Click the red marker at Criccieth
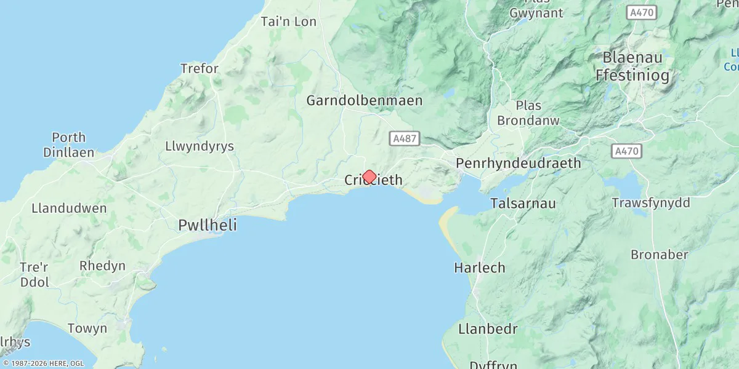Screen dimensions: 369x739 click(369, 177)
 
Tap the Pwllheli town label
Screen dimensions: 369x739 click(208, 225)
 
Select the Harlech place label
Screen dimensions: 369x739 click(479, 268)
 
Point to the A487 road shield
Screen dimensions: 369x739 click(405, 139)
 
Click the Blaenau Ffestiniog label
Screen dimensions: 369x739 click(632, 66)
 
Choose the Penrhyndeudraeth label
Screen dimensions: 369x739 click(518, 163)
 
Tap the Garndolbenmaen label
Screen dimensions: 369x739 click(365, 100)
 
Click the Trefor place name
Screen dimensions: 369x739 click(199, 68)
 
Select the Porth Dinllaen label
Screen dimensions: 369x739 click(68, 145)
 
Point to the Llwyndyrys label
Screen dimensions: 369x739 click(199, 146)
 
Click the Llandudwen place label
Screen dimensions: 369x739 click(69, 208)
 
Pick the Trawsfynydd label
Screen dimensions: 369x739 click(651, 202)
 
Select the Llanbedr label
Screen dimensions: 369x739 click(488, 328)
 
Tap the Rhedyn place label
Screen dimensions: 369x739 click(102, 266)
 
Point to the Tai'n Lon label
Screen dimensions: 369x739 click(289, 22)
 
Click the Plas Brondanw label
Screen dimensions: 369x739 click(528, 113)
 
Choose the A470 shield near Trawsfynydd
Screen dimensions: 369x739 click(627, 151)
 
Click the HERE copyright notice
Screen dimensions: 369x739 click(43, 363)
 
